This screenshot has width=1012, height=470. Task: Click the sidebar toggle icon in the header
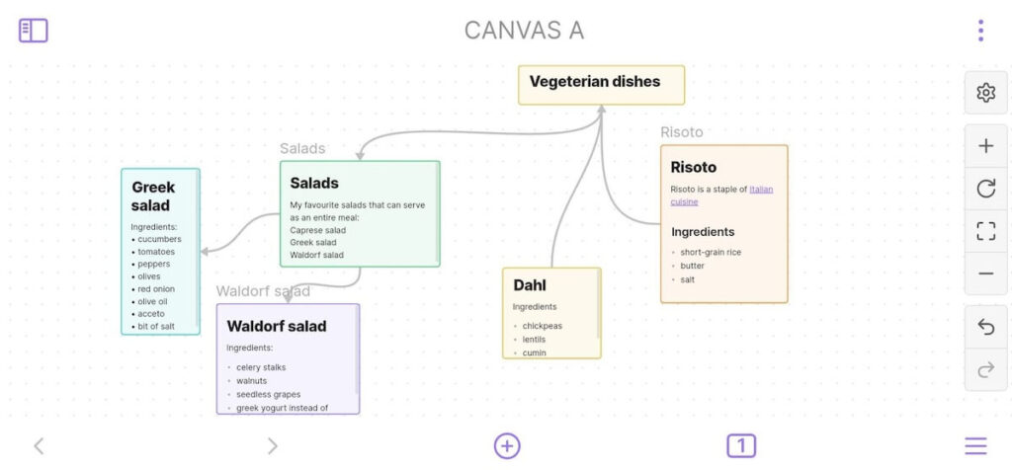[x=34, y=31]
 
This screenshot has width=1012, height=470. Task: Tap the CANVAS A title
[x=524, y=31]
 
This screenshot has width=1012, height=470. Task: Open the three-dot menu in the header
[x=980, y=31]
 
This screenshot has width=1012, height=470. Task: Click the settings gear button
[x=985, y=93]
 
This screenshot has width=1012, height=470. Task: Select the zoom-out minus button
[x=985, y=274]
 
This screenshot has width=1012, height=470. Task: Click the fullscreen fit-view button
[x=985, y=231]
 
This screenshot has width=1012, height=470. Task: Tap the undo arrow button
[x=985, y=328]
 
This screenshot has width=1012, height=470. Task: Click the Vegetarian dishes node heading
[x=595, y=82]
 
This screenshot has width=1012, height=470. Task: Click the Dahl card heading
[x=530, y=285]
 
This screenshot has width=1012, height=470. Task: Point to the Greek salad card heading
[x=153, y=196]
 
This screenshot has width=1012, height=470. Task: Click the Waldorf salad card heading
[x=277, y=326]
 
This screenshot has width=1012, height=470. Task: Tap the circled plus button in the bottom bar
[x=507, y=445]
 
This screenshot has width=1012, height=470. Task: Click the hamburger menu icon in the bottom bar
[x=976, y=446]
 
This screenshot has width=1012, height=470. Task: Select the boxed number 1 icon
[x=741, y=445]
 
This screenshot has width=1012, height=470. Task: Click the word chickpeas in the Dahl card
[x=544, y=326]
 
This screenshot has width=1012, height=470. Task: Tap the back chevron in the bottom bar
[x=39, y=446]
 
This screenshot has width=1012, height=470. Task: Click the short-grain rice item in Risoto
[x=711, y=252]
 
